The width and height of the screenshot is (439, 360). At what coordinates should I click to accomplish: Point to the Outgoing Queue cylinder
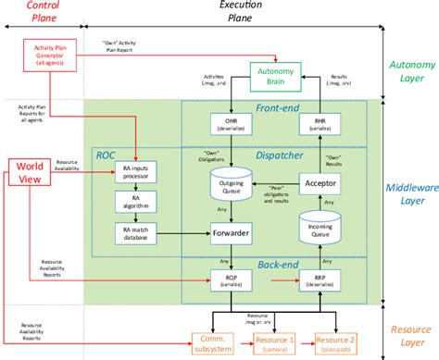pyautogui.click(x=231, y=189)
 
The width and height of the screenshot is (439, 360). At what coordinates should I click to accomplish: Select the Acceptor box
pyautogui.click(x=320, y=185)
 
